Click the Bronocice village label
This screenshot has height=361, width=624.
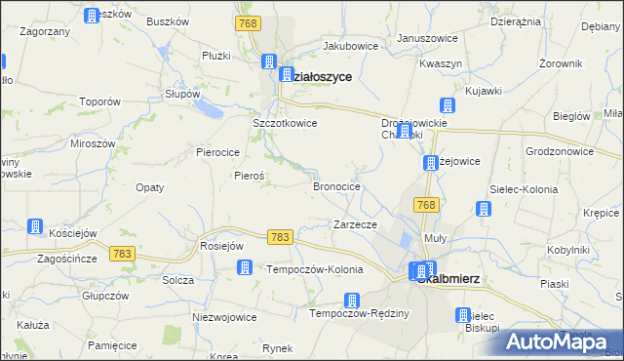[x=336, y=185]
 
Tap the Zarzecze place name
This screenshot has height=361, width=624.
[x=355, y=224]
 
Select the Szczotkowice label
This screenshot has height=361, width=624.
[x=285, y=124]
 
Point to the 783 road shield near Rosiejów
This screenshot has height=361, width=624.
[x=281, y=237]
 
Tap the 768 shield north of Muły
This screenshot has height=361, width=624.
[x=425, y=204]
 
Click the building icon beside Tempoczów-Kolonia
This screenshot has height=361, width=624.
[x=246, y=267]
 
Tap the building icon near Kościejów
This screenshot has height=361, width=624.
[x=36, y=226]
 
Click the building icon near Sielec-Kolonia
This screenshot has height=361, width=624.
[x=483, y=208]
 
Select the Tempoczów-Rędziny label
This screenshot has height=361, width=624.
[x=359, y=313]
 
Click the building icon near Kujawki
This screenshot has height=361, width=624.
[x=448, y=105]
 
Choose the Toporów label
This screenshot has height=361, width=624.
[x=99, y=101]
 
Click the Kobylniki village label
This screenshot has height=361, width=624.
[x=569, y=250]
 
